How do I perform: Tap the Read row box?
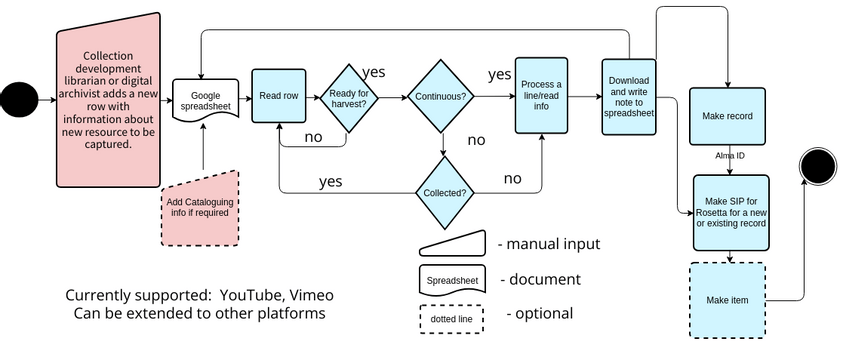tap(277, 96)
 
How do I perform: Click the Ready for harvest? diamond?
tap(348, 97)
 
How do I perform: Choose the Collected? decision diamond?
tap(441, 192)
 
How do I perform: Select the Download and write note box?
tap(629, 96)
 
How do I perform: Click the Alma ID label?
tap(729, 157)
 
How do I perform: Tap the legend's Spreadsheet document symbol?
tap(451, 280)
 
